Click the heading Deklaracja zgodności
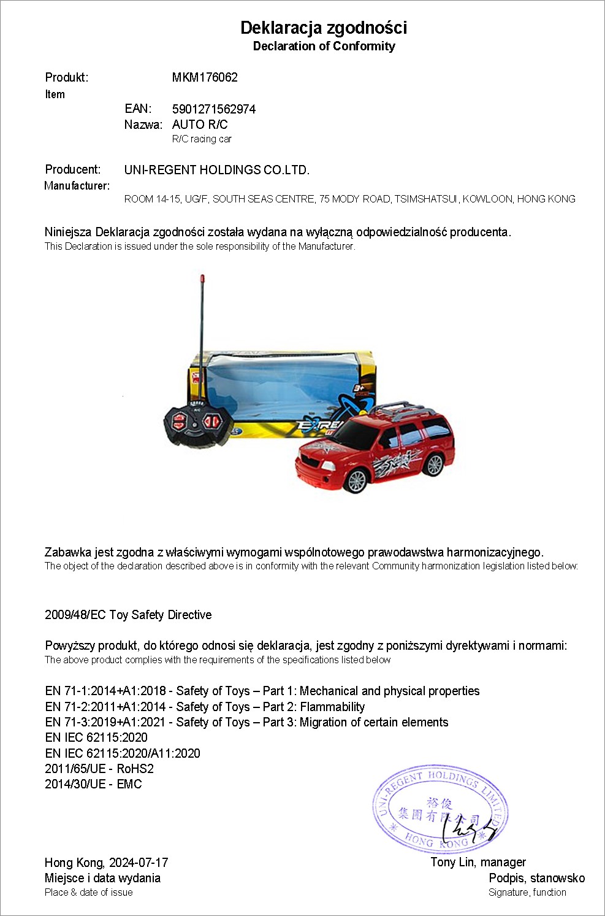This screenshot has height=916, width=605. [x=324, y=28]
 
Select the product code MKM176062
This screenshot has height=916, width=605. [x=205, y=77]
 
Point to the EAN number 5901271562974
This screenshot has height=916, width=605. [x=214, y=109]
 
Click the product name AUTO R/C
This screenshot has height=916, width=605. [x=200, y=125]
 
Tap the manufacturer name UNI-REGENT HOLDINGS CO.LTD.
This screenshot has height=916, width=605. [x=217, y=170]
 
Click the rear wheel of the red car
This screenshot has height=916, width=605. [x=434, y=465]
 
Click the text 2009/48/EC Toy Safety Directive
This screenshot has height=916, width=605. [x=128, y=615]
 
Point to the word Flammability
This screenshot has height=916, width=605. [x=332, y=707]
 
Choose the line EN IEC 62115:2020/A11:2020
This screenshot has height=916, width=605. [x=123, y=753]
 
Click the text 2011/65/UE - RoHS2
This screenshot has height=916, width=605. [x=99, y=769]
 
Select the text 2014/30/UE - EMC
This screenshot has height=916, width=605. [x=93, y=784]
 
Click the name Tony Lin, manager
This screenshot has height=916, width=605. [x=478, y=862]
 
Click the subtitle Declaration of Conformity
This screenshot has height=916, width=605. [x=324, y=46]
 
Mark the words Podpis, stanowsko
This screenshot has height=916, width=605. [x=536, y=878]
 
